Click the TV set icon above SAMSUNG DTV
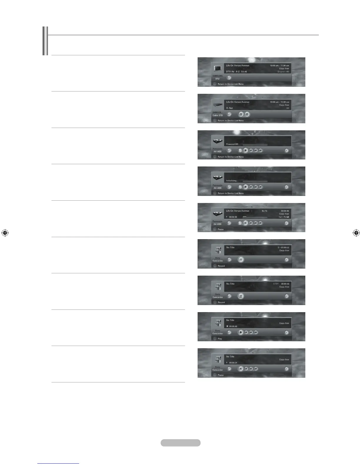[x=218, y=69]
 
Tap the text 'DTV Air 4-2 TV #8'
[x=236, y=71]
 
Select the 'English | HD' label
[x=283, y=71]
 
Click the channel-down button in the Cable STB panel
[x=241, y=114]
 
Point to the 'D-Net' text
[x=229, y=108]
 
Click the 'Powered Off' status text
[x=232, y=144]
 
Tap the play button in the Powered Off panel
[x=246, y=150]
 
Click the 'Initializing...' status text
[x=232, y=181]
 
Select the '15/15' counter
[x=264, y=211]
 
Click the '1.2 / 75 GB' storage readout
[x=284, y=217]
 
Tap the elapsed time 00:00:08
[x=233, y=217]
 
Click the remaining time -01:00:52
[x=284, y=247]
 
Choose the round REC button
[x=241, y=296]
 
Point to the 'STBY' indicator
[x=276, y=284]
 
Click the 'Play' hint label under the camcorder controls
[x=220, y=339]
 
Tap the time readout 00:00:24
[x=233, y=363]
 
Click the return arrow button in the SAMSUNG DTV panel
[x=229, y=78]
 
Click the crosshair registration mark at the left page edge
[x=4, y=233]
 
